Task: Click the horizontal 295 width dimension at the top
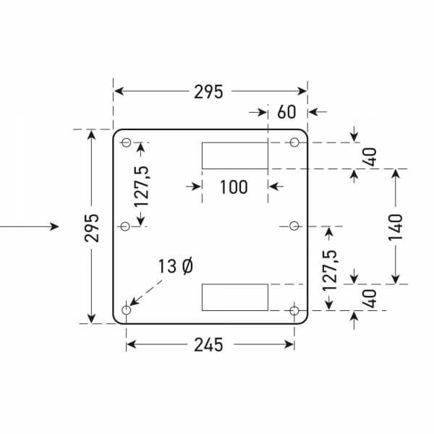(x=208, y=91)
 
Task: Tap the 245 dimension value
(x=208, y=345)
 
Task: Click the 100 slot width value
(x=233, y=187)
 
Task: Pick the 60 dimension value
(x=286, y=112)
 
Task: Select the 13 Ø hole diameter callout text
(x=175, y=266)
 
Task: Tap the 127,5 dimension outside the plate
(x=331, y=270)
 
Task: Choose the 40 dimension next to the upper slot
(x=370, y=156)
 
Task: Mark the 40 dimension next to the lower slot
(x=370, y=299)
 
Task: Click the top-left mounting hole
(x=126, y=142)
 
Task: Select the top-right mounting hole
(x=294, y=142)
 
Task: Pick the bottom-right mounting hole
(x=294, y=310)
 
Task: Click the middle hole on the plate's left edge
(x=125, y=226)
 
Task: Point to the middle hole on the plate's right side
(x=294, y=226)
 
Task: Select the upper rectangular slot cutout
(x=234, y=156)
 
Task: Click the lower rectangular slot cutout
(x=234, y=297)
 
